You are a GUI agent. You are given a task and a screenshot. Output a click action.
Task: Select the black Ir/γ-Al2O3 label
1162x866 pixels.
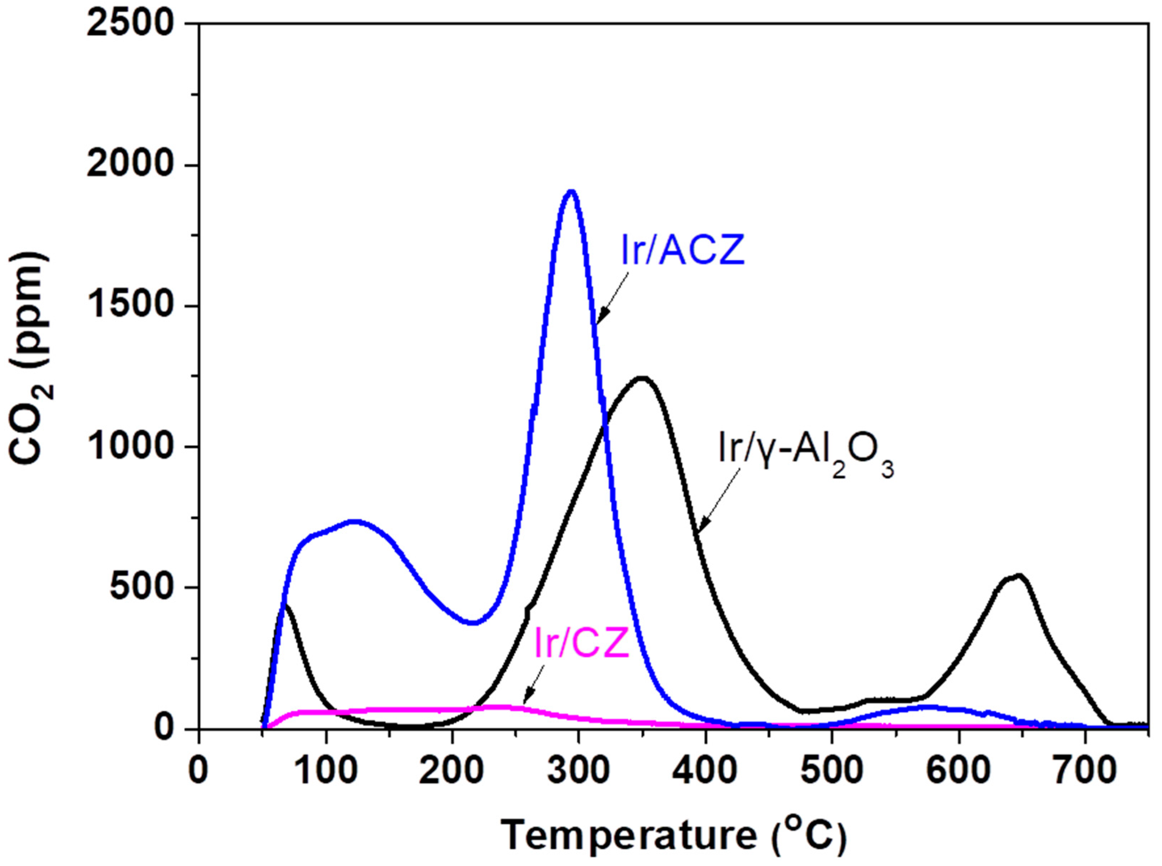pyautogui.click(x=806, y=452)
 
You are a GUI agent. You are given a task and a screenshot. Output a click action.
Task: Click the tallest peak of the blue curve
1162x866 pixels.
pyautogui.click(x=571, y=192)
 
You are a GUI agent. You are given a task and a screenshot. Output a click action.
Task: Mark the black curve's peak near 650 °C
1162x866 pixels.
pyautogui.click(x=1018, y=576)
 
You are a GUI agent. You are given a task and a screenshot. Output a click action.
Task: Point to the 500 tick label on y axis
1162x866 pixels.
pyautogui.click(x=142, y=588)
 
